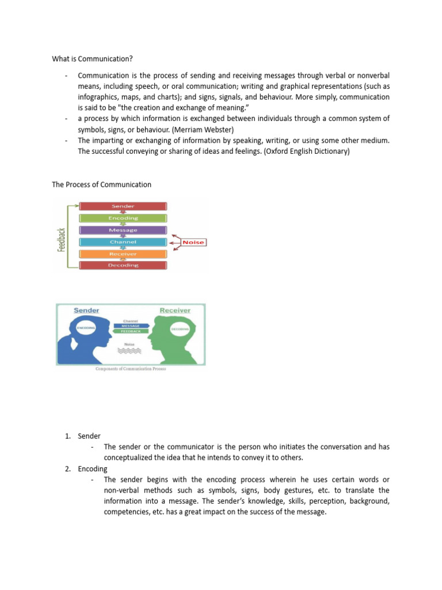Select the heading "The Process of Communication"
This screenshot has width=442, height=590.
click(102, 184)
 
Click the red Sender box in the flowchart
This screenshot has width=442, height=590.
click(123, 206)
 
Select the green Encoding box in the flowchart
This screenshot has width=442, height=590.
click(123, 218)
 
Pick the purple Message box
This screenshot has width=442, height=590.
click(123, 230)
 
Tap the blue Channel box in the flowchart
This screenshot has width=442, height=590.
click(123, 242)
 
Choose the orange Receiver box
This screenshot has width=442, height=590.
click(123, 254)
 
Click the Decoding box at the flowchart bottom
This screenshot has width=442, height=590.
click(123, 265)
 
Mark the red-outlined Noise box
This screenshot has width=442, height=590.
click(193, 243)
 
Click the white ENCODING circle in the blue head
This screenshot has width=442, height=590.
click(86, 329)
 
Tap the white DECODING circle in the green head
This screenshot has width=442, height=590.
click(179, 330)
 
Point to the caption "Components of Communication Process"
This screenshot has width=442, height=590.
click(131, 369)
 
